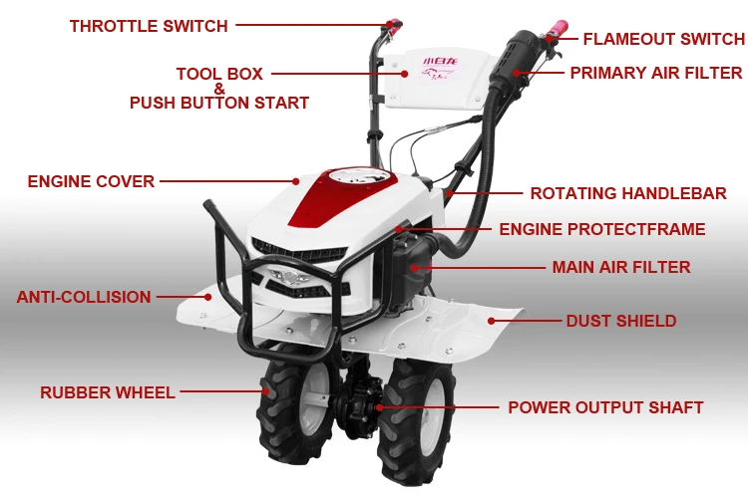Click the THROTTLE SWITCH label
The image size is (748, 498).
point(149,26)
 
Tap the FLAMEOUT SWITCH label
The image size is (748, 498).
point(663,40)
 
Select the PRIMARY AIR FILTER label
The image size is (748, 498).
point(655,73)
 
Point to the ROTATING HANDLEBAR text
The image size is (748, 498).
point(627,193)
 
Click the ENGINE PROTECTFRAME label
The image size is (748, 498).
point(602,229)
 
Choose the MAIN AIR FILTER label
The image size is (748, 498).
point(621,267)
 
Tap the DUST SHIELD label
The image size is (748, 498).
point(621,321)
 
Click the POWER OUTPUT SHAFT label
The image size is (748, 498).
point(605,407)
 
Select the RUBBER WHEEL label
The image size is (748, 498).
point(108,392)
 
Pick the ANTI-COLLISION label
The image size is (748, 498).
point(84,297)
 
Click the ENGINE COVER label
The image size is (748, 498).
point(91,181)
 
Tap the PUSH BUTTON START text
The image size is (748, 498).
point(219,103)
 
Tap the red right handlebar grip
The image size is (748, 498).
point(557,28)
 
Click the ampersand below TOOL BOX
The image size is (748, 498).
point(219,89)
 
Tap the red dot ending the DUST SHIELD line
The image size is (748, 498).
point(492,321)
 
